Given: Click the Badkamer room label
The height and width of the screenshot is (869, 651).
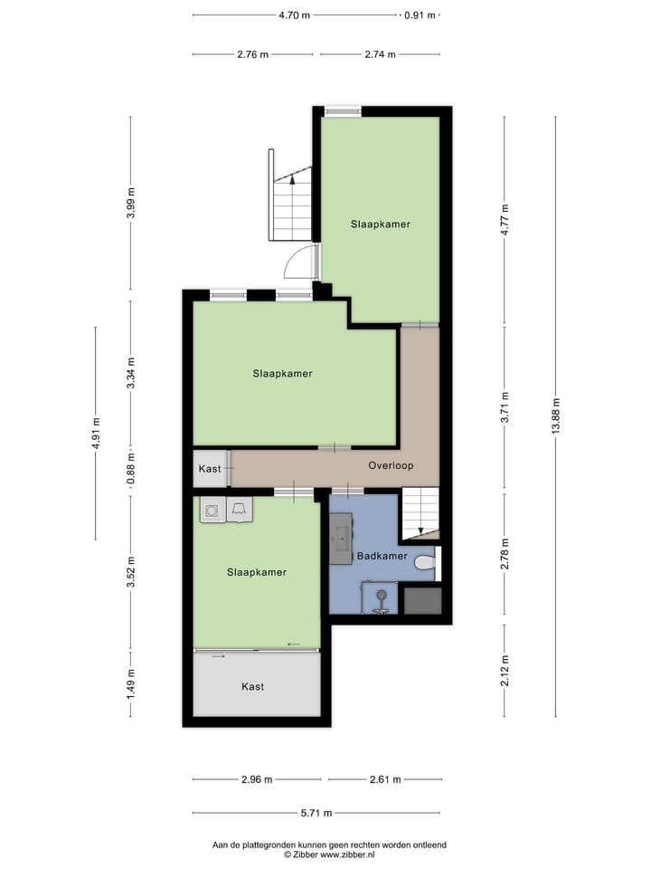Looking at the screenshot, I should click(x=382, y=556).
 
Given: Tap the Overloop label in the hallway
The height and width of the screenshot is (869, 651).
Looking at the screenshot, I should click(x=391, y=465).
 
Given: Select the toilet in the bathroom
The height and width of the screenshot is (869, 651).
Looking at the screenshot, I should click(x=423, y=563).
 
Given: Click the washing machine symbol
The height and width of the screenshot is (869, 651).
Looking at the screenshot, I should click(x=212, y=511).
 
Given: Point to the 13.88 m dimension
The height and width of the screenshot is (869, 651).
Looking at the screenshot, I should click(x=556, y=415).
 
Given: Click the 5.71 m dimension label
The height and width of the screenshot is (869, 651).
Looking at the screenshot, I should click(x=316, y=812).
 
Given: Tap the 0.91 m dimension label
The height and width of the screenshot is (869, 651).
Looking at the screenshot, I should click(x=420, y=15).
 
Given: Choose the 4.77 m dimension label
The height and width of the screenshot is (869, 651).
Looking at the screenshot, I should click(x=505, y=218).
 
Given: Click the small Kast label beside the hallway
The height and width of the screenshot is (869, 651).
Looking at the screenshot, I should click(x=210, y=469).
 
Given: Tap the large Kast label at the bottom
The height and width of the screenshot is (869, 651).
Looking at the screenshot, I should click(x=253, y=687).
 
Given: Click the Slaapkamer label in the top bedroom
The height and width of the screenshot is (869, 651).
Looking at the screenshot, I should click(x=381, y=224).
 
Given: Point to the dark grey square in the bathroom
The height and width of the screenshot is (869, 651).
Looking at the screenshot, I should click(x=422, y=600).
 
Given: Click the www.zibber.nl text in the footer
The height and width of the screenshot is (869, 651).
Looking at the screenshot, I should click(x=350, y=854).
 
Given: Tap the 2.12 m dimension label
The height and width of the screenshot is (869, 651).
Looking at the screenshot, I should click(x=505, y=670).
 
